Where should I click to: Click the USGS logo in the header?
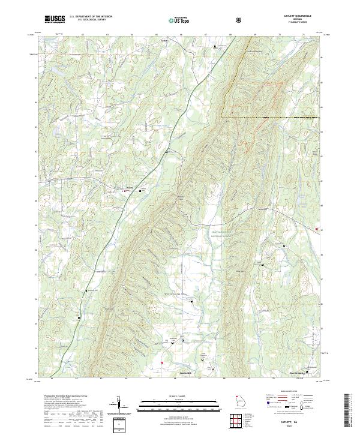[55, 19]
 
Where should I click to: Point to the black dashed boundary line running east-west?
[270, 116]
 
